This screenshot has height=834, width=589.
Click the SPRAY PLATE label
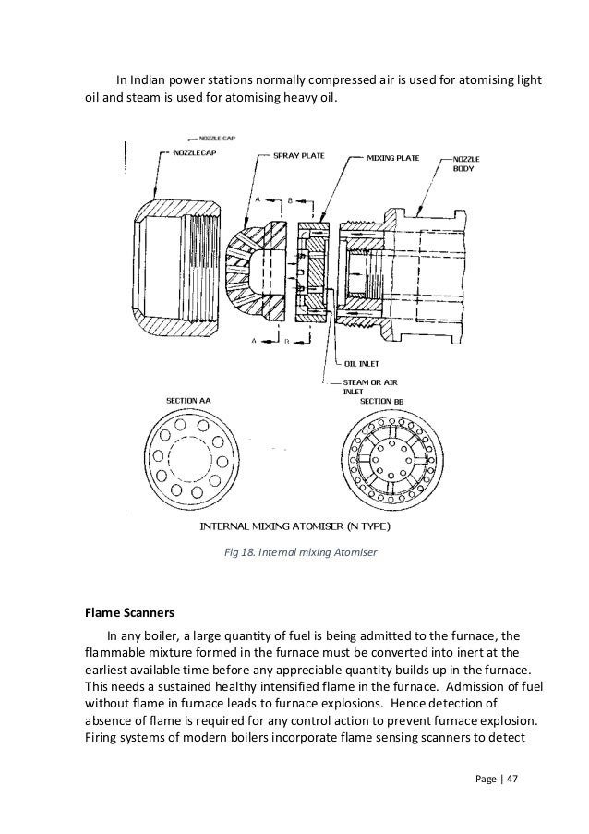297,158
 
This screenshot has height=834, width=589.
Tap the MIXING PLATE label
393,158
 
